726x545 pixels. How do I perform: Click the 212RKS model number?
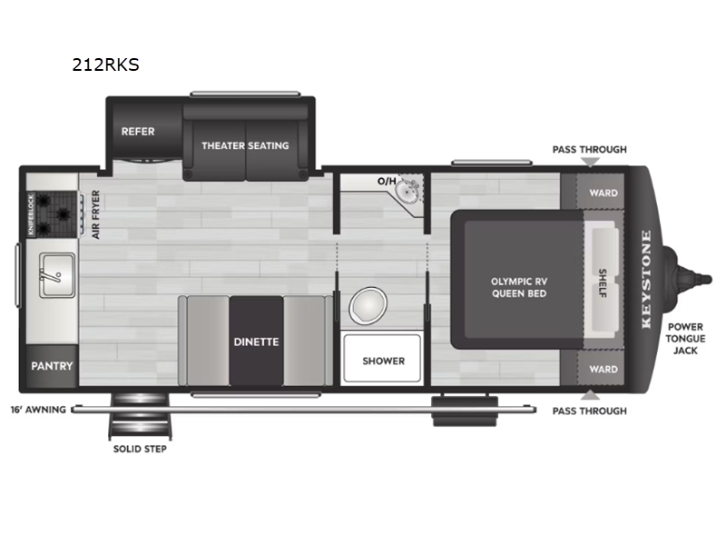[x=105, y=64]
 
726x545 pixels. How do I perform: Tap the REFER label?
[x=138, y=132]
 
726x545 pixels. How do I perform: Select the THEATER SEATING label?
[x=245, y=145]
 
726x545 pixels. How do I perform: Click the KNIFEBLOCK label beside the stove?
[x=31, y=214]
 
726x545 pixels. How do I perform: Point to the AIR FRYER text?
[x=96, y=214]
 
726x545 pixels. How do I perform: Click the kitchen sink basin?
[x=57, y=275]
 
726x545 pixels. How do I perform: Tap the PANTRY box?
[x=52, y=366]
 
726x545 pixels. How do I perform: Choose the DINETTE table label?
[x=256, y=342]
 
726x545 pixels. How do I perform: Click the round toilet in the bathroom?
[x=368, y=305]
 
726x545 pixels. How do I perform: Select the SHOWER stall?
[x=382, y=359]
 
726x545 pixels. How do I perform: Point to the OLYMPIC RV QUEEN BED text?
[x=519, y=287]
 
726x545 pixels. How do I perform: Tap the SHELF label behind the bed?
[x=603, y=282]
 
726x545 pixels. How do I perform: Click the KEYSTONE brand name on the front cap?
[x=646, y=280]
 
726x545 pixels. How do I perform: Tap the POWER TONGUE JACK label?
[x=685, y=339]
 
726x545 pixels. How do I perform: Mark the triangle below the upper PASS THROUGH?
[x=590, y=163]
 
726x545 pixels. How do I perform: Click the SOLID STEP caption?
[x=140, y=449]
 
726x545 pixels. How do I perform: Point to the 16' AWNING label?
[x=38, y=410]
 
